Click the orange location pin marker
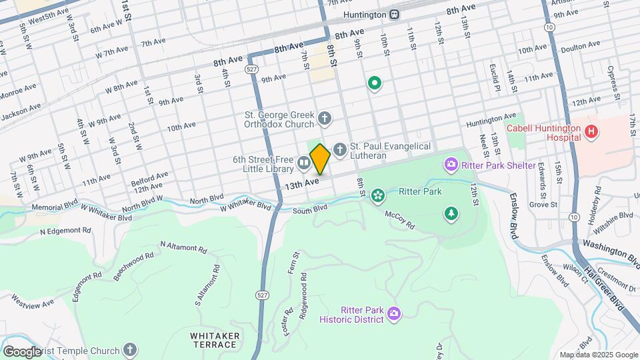click(320, 159)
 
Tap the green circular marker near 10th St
click(375, 83)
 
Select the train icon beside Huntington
click(395, 14)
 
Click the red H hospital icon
click(591, 132)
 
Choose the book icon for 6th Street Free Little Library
click(303, 163)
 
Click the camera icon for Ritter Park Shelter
click(451, 164)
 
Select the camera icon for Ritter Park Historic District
click(394, 313)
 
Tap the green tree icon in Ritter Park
click(451, 213)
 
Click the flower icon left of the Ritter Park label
click(377, 195)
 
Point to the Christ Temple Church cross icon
click(130, 349)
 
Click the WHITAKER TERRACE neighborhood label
click(213, 339)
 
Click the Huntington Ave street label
click(491, 119)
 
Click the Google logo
click(23, 351)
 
